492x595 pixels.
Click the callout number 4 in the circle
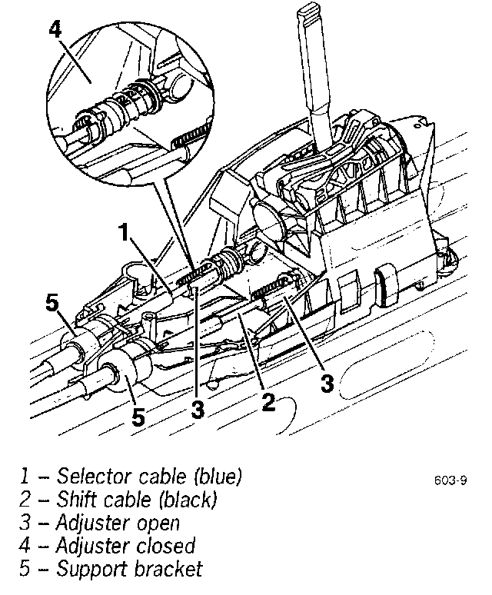coord(55,30)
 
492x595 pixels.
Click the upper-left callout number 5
coord(52,303)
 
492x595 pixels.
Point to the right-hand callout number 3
coord(327,383)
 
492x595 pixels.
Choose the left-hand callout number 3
coord(198,410)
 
